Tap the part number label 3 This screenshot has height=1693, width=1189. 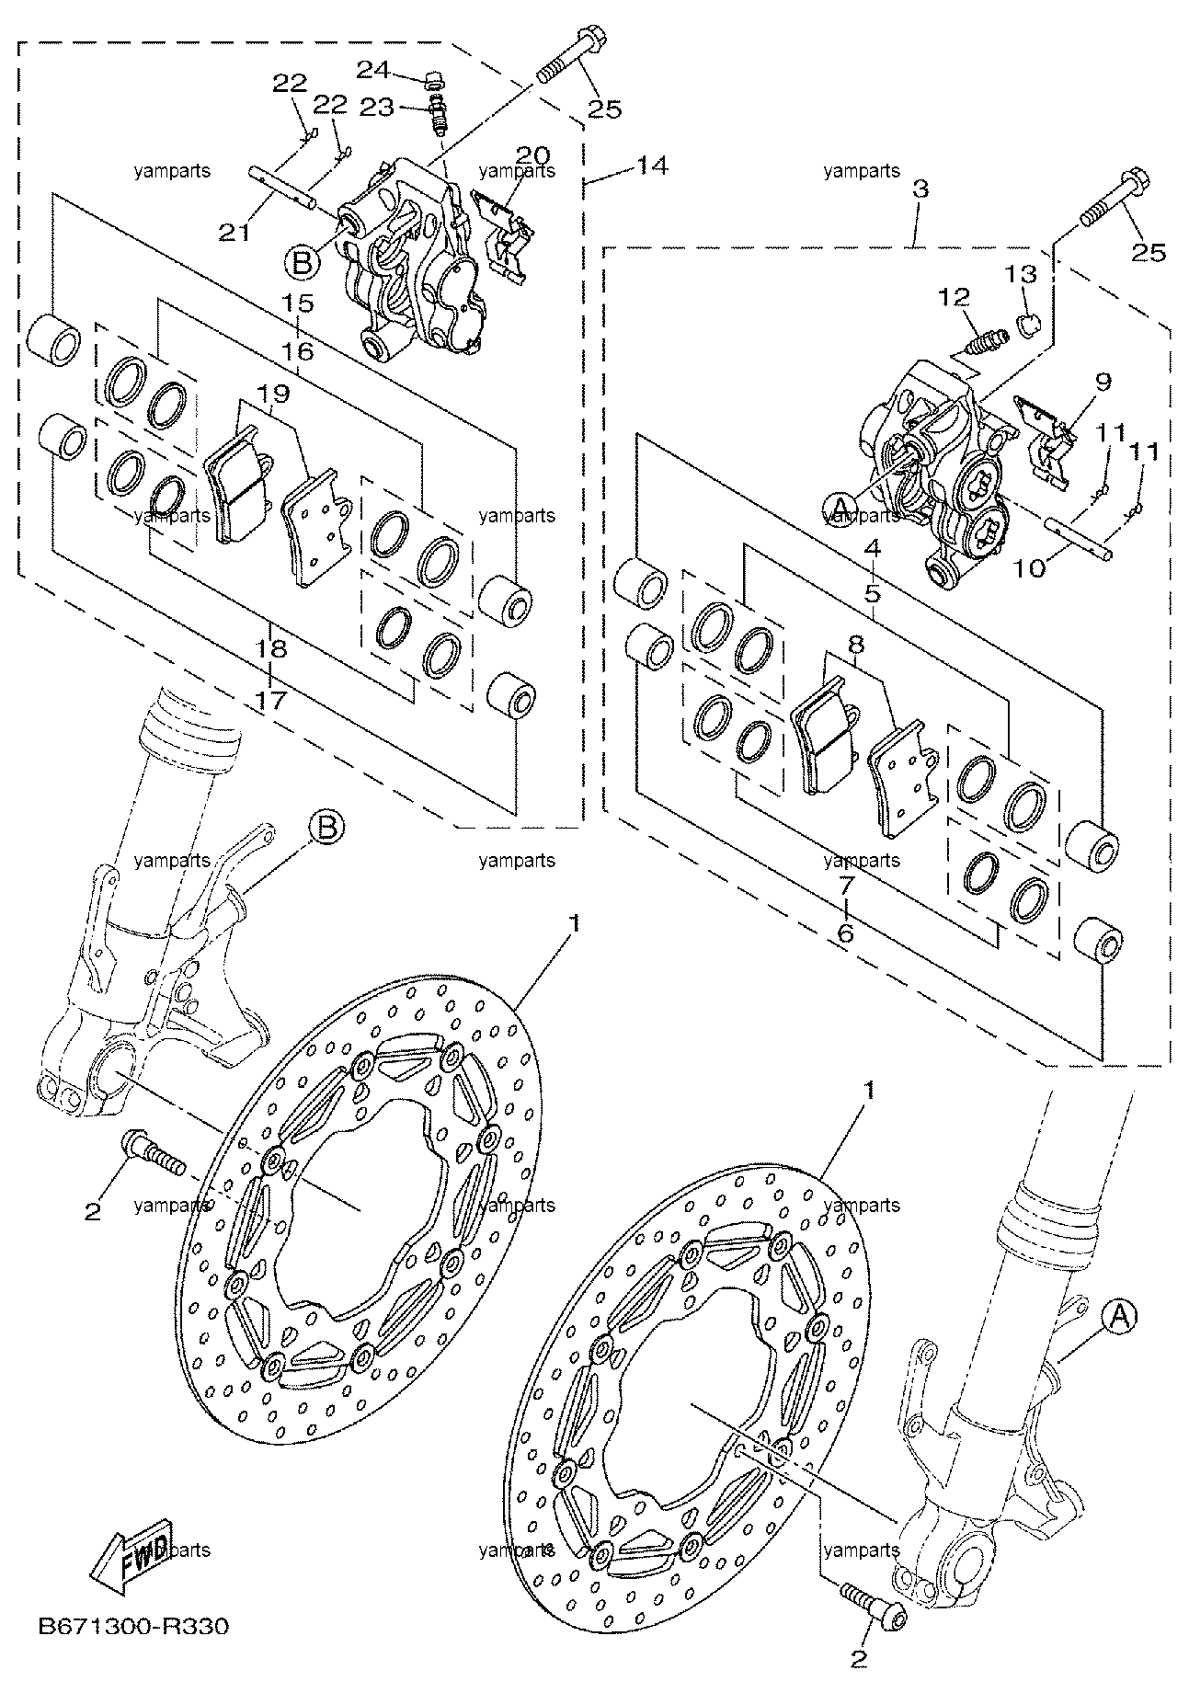[x=920, y=190]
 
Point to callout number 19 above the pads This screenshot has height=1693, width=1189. [x=274, y=395]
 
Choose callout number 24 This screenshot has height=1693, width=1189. [x=373, y=69]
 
